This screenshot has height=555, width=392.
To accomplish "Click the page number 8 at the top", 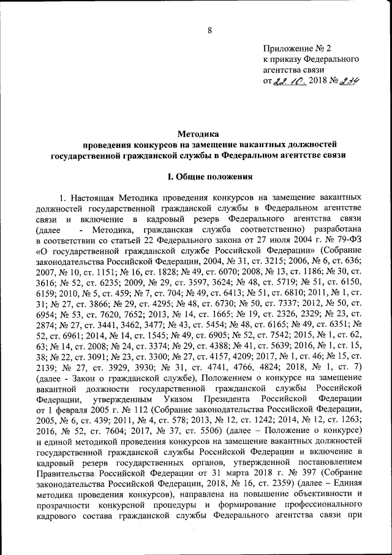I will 209,31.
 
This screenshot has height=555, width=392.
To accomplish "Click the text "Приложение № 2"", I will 296,48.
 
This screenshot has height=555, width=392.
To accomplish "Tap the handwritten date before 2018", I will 287,80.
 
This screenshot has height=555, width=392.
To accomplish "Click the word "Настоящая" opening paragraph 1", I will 94,199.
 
